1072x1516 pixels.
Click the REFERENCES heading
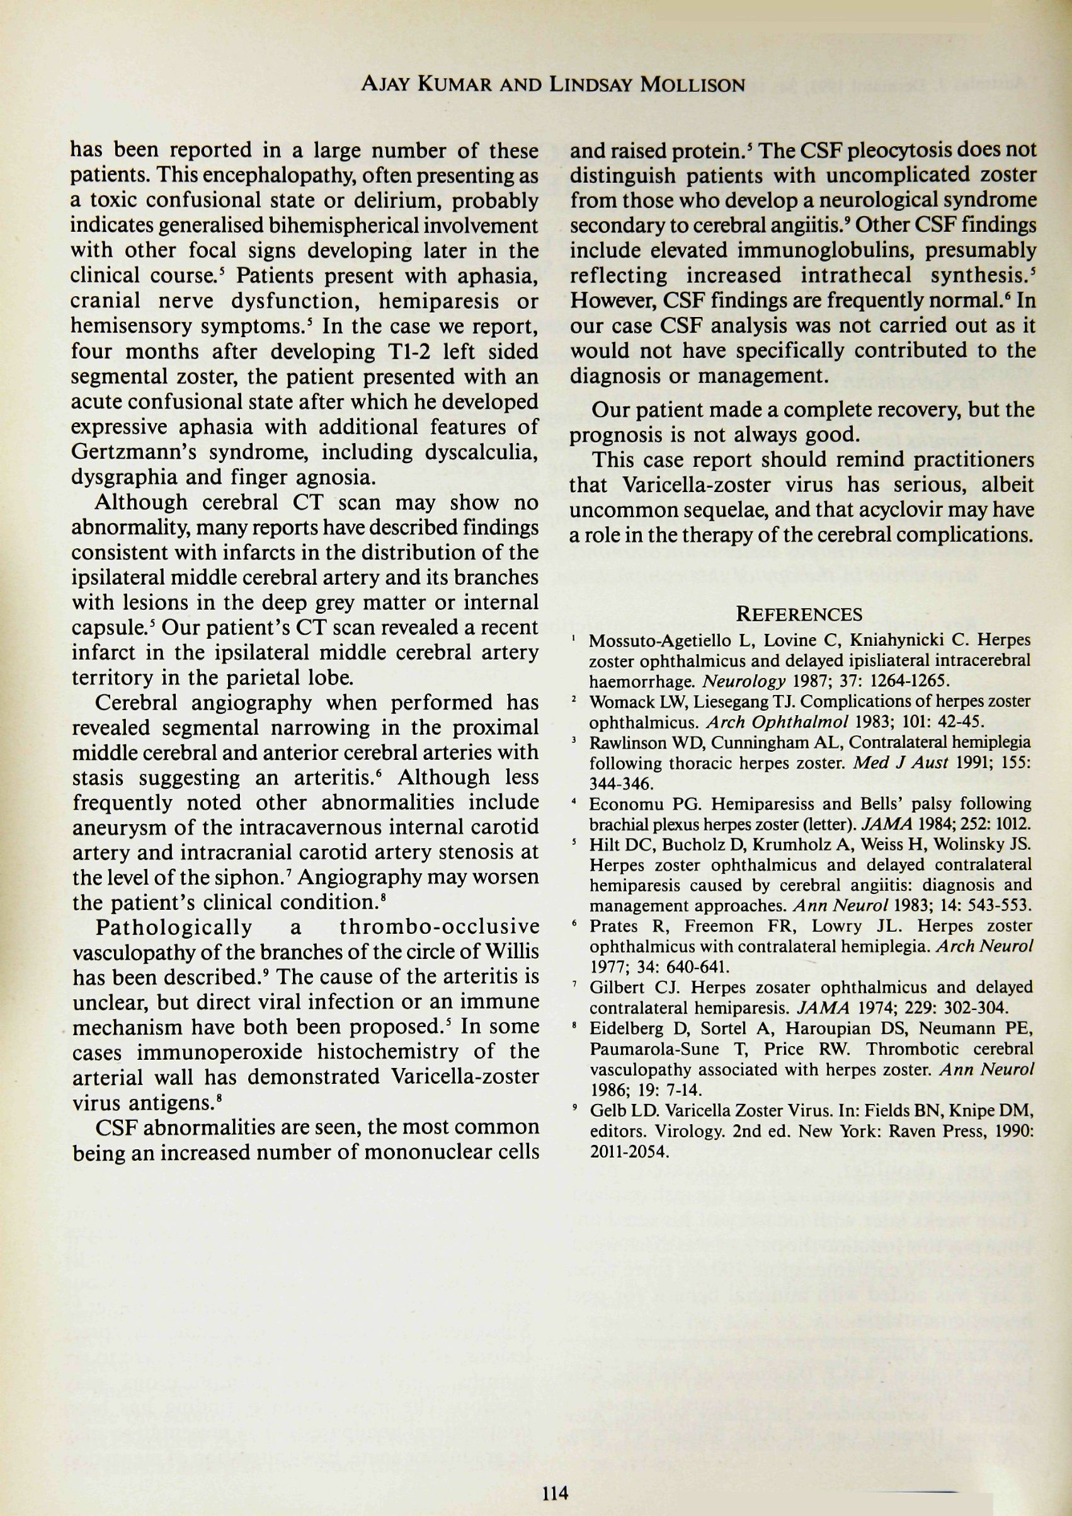pos(799,615)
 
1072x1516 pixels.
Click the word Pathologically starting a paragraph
pos(174,927)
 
